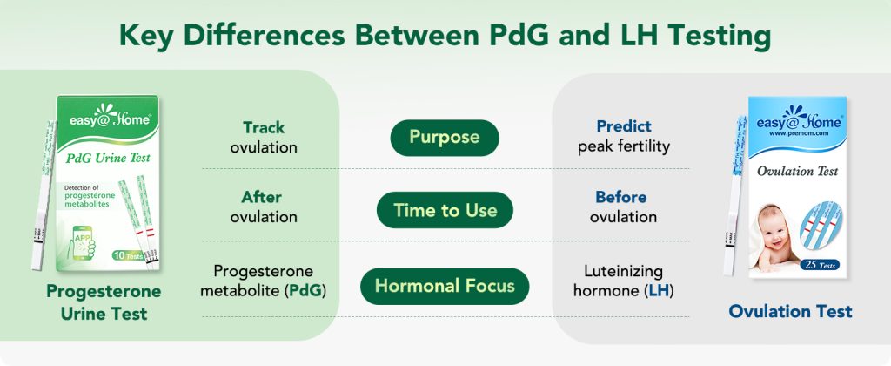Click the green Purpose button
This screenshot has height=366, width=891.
pyautogui.click(x=445, y=138)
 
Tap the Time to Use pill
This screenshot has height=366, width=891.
pyautogui.click(x=445, y=210)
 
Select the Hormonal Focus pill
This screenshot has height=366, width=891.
pyautogui.click(x=445, y=285)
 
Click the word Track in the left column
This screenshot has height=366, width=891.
pyautogui.click(x=264, y=126)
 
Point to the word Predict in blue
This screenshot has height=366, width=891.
pyautogui.click(x=623, y=126)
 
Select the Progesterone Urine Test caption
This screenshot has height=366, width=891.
pyautogui.click(x=104, y=302)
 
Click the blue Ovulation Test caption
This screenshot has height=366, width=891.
pyautogui.click(x=790, y=311)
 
